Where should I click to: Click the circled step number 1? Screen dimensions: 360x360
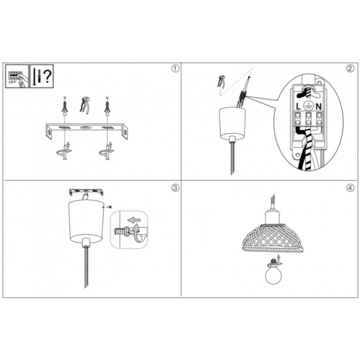pyautogui.click(x=175, y=68)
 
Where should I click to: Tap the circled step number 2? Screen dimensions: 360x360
pyautogui.click(x=350, y=68)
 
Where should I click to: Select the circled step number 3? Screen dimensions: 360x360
pyautogui.click(x=175, y=188)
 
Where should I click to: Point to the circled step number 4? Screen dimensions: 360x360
pyautogui.click(x=350, y=188)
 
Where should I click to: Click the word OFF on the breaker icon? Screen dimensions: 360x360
pyautogui.click(x=12, y=82)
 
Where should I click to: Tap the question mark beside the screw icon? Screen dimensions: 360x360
pyautogui.click(x=47, y=76)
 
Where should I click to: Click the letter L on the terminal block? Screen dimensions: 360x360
pyautogui.click(x=298, y=106)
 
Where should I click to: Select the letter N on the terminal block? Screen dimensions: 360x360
pyautogui.click(x=318, y=106)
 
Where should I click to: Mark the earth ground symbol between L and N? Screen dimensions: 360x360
pyautogui.click(x=308, y=106)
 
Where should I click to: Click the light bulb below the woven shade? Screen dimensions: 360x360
pyautogui.click(x=274, y=273)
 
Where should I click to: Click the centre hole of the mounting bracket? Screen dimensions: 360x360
pyautogui.click(x=85, y=128)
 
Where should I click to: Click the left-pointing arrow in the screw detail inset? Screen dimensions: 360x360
pyautogui.click(x=134, y=220)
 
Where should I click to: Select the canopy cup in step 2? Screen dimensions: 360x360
pyautogui.click(x=232, y=124)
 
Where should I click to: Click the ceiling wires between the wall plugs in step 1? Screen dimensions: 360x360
pyautogui.click(x=84, y=105)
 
